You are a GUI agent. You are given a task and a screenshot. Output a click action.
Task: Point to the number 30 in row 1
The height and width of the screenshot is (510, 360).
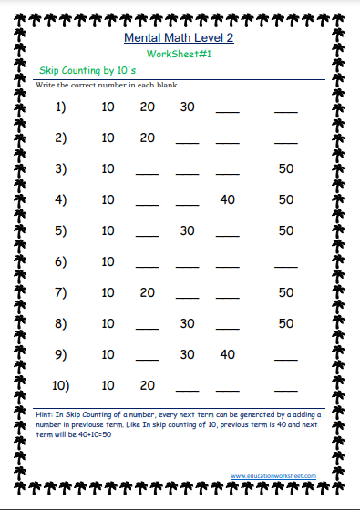click(187, 107)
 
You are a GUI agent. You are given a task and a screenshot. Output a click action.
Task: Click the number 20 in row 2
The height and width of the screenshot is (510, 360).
click(147, 138)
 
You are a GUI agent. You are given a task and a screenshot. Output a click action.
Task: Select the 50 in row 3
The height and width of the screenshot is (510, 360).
click(286, 168)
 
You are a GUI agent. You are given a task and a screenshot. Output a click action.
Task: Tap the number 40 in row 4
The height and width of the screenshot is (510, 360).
click(227, 199)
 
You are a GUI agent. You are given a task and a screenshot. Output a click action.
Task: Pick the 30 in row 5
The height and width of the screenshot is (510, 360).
click(187, 230)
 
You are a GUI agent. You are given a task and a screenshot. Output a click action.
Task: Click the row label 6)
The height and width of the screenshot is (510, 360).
click(61, 261)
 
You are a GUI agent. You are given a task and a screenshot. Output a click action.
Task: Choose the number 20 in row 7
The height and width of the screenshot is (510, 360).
click(147, 292)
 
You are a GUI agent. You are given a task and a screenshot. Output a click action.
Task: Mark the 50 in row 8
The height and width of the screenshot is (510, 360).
click(286, 323)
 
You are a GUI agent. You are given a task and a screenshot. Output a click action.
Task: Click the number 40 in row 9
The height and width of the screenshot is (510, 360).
click(227, 354)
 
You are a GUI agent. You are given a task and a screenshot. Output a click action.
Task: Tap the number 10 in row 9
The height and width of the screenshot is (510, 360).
click(108, 354)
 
